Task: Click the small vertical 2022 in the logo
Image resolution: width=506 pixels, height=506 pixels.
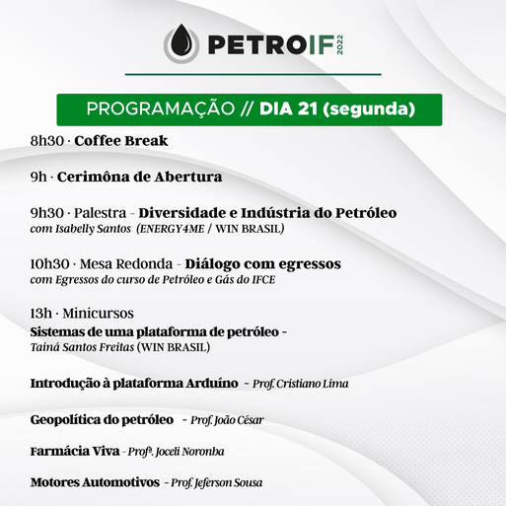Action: [339, 44]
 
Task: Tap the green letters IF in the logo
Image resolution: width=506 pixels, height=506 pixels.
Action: [322, 44]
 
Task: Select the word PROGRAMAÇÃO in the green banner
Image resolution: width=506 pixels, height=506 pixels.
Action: [161, 108]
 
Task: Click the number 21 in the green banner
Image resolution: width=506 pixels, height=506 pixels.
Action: [307, 108]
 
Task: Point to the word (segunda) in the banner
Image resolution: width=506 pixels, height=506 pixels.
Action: [369, 109]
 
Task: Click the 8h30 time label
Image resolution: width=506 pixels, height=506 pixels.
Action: [47, 141]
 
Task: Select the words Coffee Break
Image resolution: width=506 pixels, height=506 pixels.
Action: [121, 141]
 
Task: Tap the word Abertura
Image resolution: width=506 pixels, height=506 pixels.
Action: [188, 177]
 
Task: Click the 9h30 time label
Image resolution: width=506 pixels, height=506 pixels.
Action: [47, 213]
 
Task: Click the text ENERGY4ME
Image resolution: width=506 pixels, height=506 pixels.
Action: [171, 229]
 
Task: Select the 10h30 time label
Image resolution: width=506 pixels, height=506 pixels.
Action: [50, 264]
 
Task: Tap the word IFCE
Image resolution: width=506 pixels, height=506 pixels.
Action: [263, 280]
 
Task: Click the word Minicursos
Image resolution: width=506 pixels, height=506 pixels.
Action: [98, 314]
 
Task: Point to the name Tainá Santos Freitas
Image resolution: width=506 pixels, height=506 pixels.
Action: [82, 347]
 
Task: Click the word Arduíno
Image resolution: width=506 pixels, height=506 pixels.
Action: [212, 384]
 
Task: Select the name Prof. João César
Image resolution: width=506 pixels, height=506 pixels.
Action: [227, 420]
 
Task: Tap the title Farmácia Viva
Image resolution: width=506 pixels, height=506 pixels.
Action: [75, 452]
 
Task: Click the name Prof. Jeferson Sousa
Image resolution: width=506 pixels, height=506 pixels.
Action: [217, 483]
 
